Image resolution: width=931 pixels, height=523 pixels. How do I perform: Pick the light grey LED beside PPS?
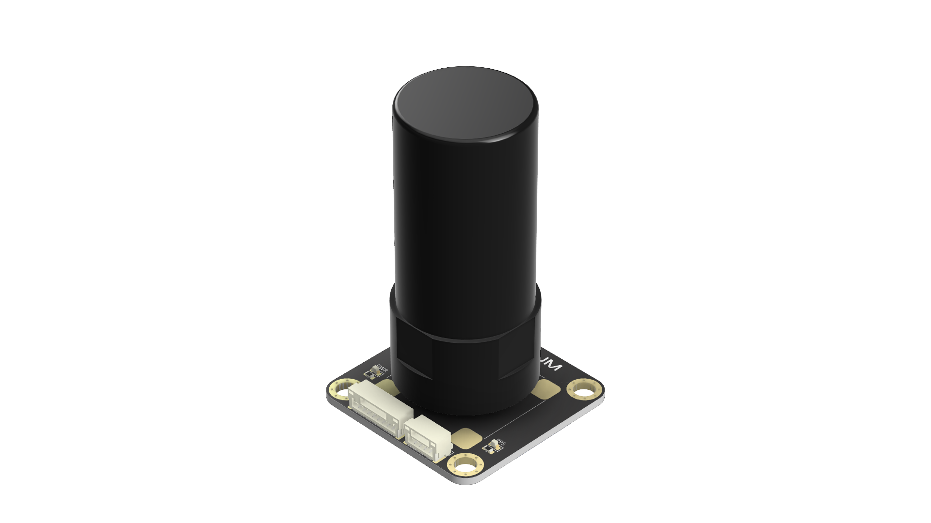(x=495, y=443)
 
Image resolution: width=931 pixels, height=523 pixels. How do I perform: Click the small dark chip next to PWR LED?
(x=369, y=374)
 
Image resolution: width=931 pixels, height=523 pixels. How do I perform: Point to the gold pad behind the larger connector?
(x=386, y=385)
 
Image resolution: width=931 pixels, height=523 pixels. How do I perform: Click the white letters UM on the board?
(x=552, y=366)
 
